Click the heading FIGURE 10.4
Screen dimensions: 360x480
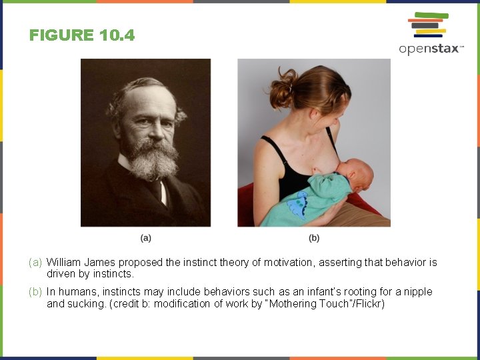[82, 35]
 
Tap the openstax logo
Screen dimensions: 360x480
[430, 33]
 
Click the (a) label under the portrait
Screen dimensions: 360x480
[146, 237]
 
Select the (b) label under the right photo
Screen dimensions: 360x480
[314, 237]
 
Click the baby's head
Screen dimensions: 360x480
[357, 175]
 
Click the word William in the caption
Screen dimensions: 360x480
[65, 263]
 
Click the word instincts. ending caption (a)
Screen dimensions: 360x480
[114, 274]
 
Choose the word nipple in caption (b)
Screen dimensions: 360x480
[418, 292]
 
